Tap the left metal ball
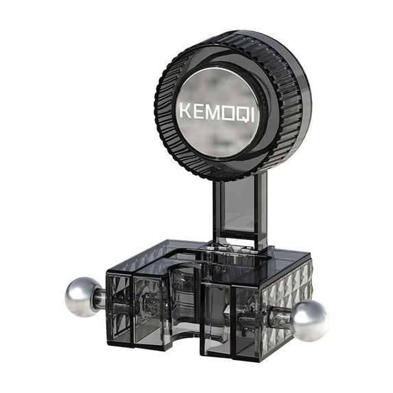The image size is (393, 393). pos(82,297)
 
